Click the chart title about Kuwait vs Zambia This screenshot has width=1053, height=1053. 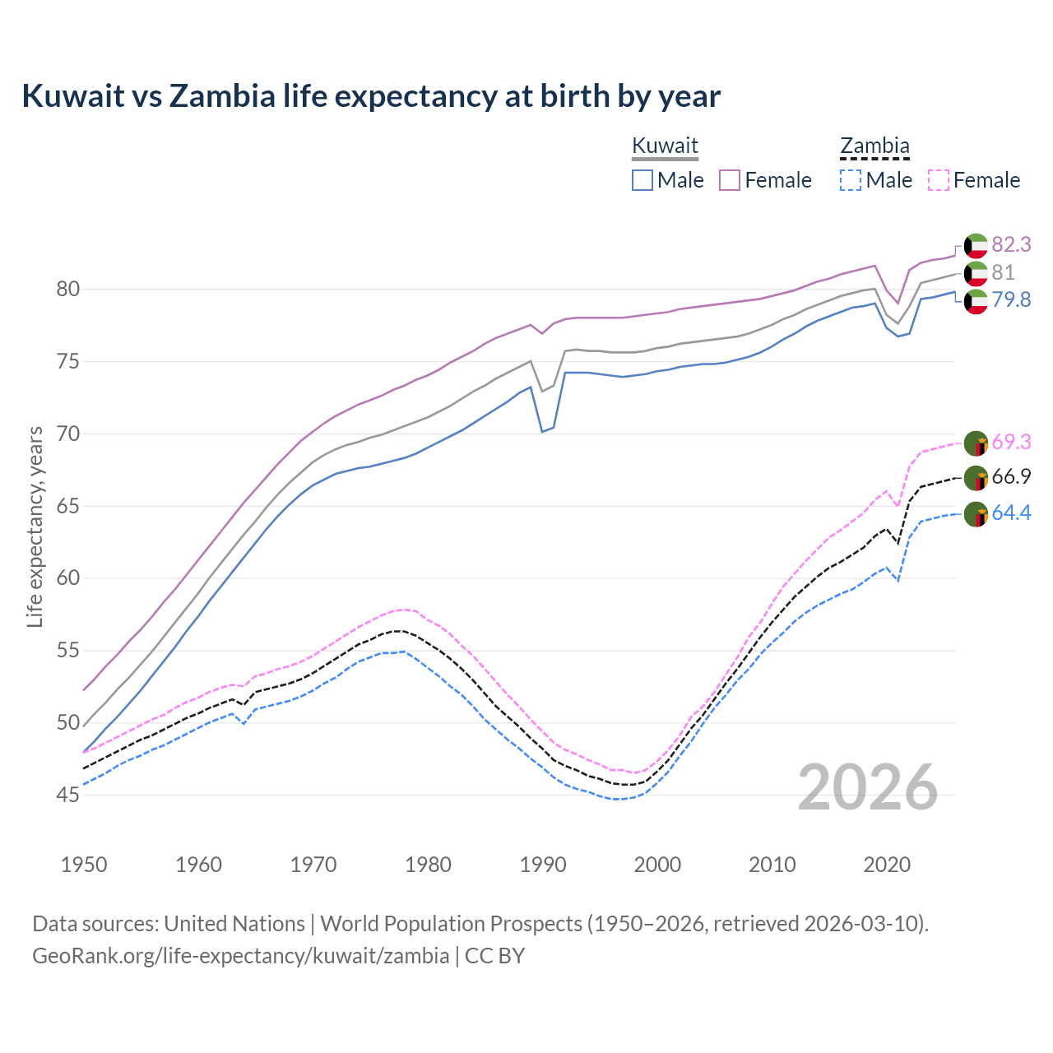(371, 96)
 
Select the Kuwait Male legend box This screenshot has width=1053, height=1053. (642, 180)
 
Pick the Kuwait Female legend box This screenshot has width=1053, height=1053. (730, 180)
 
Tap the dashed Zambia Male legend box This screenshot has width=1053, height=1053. (851, 180)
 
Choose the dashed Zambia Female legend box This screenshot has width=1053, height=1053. (939, 180)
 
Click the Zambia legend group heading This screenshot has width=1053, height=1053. (874, 146)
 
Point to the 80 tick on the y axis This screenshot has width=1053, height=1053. (68, 290)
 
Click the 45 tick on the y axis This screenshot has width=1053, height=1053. (68, 796)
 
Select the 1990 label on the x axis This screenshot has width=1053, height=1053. (543, 865)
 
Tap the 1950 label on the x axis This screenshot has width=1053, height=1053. (84, 865)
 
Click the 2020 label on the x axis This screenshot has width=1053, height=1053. (887, 865)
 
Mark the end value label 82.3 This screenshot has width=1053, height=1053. (1011, 245)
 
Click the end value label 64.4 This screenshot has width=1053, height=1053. (1011, 513)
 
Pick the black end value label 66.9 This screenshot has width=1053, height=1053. (1011, 477)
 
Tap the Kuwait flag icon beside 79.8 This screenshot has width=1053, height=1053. (976, 301)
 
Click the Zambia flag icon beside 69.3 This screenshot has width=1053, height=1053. (976, 443)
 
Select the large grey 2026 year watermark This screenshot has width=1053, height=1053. (868, 787)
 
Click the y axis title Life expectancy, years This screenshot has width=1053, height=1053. (35, 526)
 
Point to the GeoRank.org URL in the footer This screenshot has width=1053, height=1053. (240, 956)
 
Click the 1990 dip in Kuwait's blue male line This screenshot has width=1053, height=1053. (543, 430)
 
